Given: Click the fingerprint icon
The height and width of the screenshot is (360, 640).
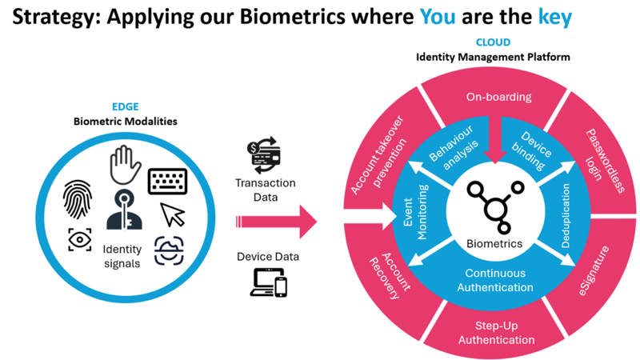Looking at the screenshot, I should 79,198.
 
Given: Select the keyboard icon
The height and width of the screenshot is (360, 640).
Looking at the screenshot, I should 167,181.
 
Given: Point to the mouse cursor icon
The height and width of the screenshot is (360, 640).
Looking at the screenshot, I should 172,214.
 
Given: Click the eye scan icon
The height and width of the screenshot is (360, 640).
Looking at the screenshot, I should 79,239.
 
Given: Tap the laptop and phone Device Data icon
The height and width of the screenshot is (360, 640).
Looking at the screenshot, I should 269,282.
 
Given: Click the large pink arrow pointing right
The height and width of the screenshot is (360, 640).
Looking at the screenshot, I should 276,221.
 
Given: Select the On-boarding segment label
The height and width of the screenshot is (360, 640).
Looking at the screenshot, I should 498,98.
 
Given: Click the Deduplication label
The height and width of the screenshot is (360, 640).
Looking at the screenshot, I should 566,215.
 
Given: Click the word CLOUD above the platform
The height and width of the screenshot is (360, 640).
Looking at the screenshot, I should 492,42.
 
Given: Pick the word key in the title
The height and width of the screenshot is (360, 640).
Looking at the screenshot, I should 554,17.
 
